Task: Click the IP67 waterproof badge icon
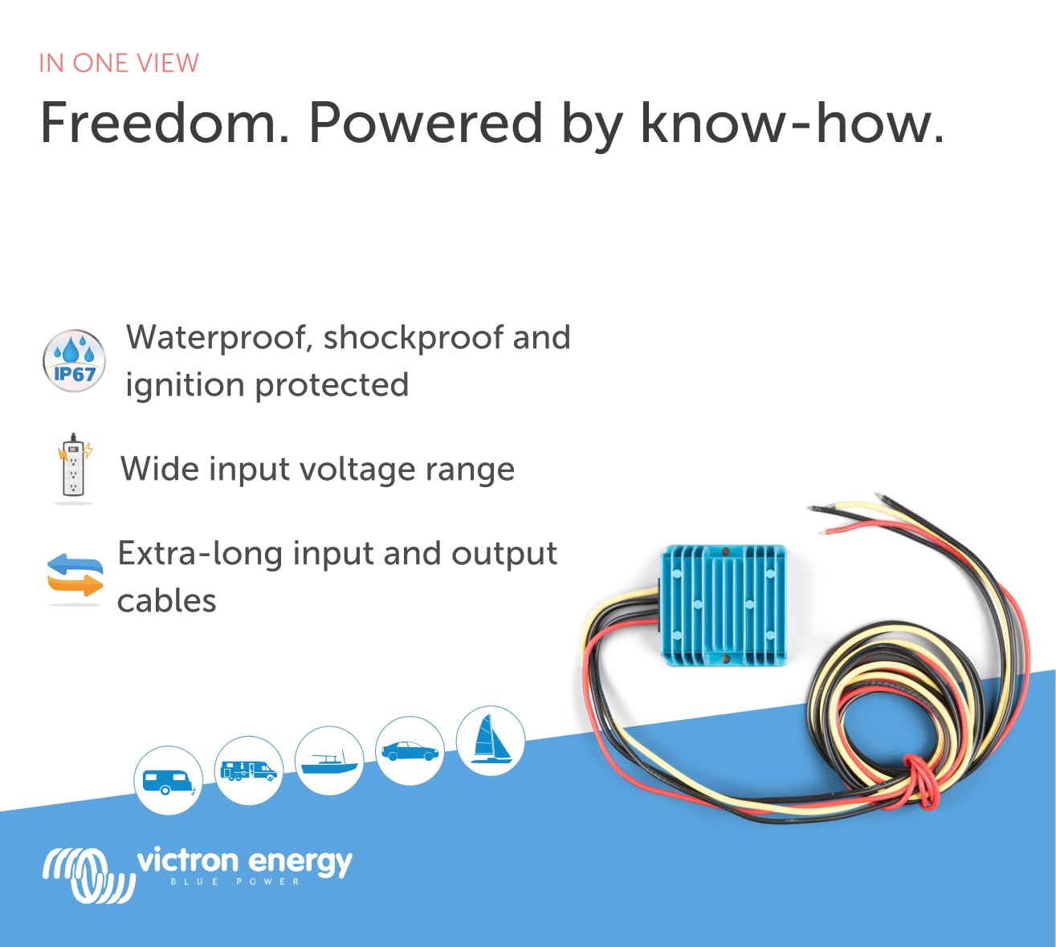point(74,360)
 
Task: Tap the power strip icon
point(74,469)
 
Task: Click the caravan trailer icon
point(168,780)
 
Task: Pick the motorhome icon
point(249,770)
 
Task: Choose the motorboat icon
point(329,761)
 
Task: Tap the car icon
point(410,750)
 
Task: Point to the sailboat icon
point(491,741)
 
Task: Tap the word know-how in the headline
point(793,123)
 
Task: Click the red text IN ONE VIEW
point(119,63)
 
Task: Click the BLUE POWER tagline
point(235,882)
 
